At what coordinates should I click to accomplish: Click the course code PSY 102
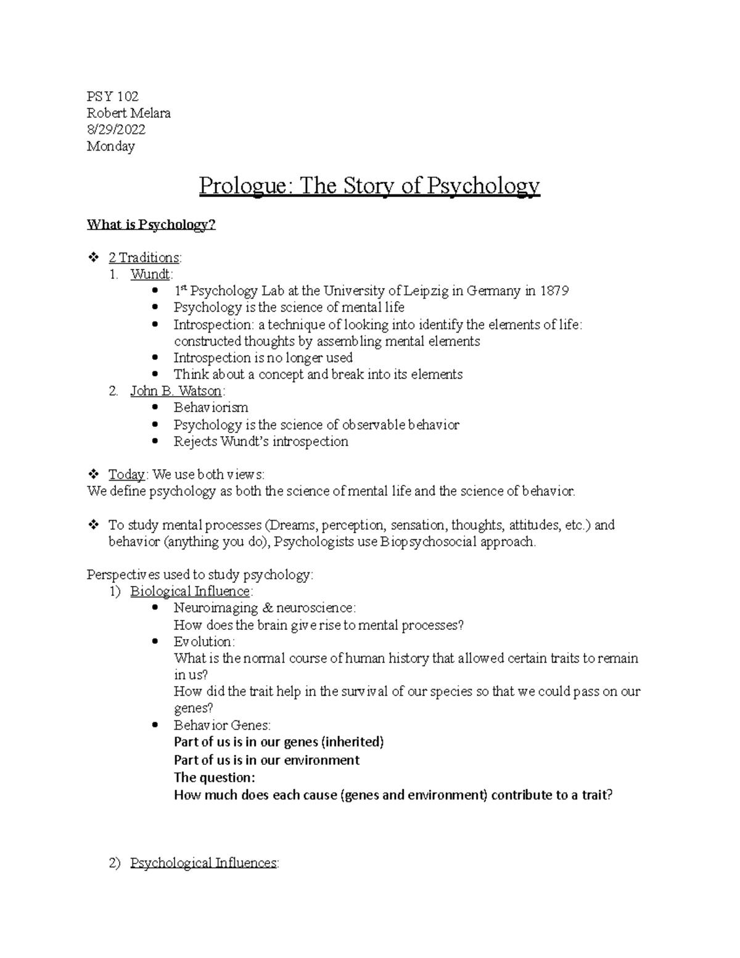(x=112, y=96)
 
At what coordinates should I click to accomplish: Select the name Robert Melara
(x=128, y=113)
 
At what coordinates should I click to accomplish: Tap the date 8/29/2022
(x=116, y=130)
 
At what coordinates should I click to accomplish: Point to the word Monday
(x=110, y=146)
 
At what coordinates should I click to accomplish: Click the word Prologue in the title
(x=245, y=186)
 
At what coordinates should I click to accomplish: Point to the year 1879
(x=554, y=291)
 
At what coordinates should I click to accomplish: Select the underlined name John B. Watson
(x=176, y=391)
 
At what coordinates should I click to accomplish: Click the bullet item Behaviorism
(x=211, y=408)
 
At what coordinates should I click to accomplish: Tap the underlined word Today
(x=126, y=474)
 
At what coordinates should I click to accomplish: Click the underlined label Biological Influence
(x=190, y=592)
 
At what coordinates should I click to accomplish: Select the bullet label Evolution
(x=203, y=642)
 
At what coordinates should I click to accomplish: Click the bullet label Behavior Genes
(x=222, y=725)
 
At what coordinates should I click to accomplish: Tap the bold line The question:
(x=215, y=777)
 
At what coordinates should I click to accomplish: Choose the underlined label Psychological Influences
(x=203, y=863)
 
